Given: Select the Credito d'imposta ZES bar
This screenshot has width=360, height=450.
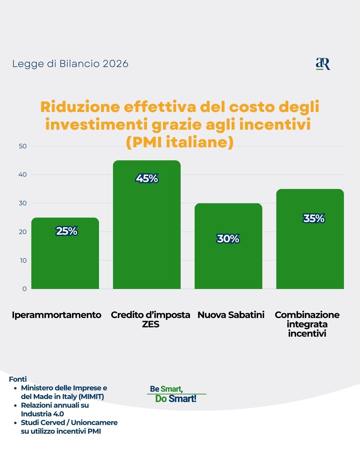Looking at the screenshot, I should tap(147, 233).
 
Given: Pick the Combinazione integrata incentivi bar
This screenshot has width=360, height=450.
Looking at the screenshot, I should tap(310, 253).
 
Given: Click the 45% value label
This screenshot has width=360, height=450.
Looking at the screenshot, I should tap(147, 179).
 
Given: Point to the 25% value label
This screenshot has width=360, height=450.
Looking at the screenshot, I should tap(67, 231).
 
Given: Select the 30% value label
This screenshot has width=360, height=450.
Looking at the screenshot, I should tap(228, 239).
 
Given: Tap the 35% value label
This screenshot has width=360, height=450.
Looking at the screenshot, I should tap(314, 218).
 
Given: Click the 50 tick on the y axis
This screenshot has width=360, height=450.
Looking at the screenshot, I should tap(23, 146).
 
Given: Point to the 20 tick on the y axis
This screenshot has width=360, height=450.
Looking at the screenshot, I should tap(23, 232).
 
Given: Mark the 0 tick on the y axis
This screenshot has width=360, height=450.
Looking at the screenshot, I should tap(24, 289).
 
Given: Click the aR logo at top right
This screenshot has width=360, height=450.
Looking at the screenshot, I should tap(323, 64).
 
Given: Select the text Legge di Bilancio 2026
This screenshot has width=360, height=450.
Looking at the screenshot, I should tap(70, 64).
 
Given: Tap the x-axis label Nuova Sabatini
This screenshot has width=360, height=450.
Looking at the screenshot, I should tap(231, 315).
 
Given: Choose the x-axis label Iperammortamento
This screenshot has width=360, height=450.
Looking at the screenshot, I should tap(57, 315).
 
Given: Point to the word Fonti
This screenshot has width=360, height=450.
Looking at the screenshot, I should tap(18, 379).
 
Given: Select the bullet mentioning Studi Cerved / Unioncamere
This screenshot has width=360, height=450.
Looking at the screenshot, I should tap(69, 427).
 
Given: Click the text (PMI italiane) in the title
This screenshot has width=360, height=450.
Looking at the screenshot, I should tap(180, 142).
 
